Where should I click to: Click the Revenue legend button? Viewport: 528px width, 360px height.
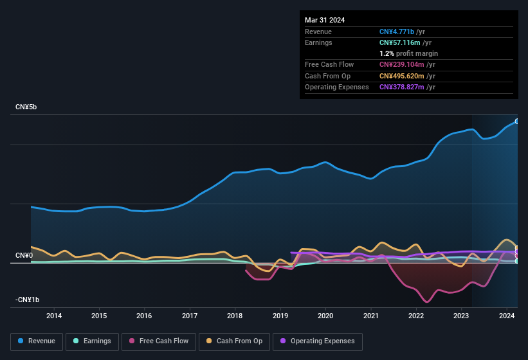(37, 341)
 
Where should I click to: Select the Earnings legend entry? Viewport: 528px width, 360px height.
(92, 341)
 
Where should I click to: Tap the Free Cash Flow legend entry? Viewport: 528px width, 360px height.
(159, 341)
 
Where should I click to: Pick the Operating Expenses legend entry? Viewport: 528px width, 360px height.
(318, 341)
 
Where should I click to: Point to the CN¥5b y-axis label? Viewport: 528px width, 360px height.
(26, 107)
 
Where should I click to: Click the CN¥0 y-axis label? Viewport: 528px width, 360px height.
(24, 255)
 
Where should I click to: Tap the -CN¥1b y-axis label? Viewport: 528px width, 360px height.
(28, 300)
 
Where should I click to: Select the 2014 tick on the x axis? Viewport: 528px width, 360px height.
(54, 316)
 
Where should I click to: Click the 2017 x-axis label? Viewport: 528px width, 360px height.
(190, 316)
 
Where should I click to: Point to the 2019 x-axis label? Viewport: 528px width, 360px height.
(280, 316)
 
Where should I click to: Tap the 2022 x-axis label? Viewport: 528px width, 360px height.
(416, 316)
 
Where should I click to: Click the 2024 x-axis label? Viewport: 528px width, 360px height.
(507, 316)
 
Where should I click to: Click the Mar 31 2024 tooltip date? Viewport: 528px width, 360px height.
(325, 20)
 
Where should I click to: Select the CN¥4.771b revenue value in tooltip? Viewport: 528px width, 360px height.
(397, 32)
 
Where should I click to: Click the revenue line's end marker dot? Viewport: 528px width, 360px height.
(516, 122)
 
